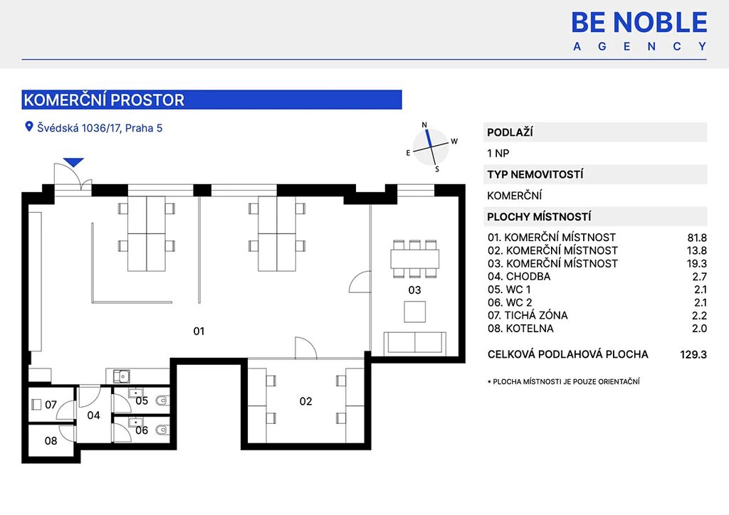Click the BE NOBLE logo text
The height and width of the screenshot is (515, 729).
[x=639, y=22]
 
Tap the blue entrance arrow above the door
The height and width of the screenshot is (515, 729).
[x=73, y=162]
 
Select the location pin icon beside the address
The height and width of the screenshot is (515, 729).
[x=28, y=127]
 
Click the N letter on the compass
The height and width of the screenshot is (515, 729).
[x=424, y=124]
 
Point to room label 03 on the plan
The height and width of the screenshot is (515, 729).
[x=414, y=290]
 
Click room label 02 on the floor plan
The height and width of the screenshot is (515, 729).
[x=305, y=401]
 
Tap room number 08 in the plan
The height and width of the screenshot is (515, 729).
[x=51, y=441]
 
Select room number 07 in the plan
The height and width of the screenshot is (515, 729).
[x=51, y=405]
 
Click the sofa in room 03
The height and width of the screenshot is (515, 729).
[x=415, y=344]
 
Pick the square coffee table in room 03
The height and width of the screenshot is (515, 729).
[x=415, y=312]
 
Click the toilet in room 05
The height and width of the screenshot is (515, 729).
[x=162, y=400]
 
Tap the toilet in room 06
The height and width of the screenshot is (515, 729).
[x=162, y=430]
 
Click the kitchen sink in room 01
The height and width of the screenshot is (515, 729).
[x=122, y=376]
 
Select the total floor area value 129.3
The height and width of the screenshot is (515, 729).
[x=693, y=355]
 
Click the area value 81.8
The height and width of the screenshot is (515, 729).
[x=697, y=238]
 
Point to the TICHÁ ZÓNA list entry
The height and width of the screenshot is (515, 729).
[x=528, y=316]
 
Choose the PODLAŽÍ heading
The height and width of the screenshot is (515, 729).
[x=510, y=132]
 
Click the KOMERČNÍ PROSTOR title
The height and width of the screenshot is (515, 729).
[x=104, y=100]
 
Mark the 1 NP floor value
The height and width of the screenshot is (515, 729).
[x=498, y=153]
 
